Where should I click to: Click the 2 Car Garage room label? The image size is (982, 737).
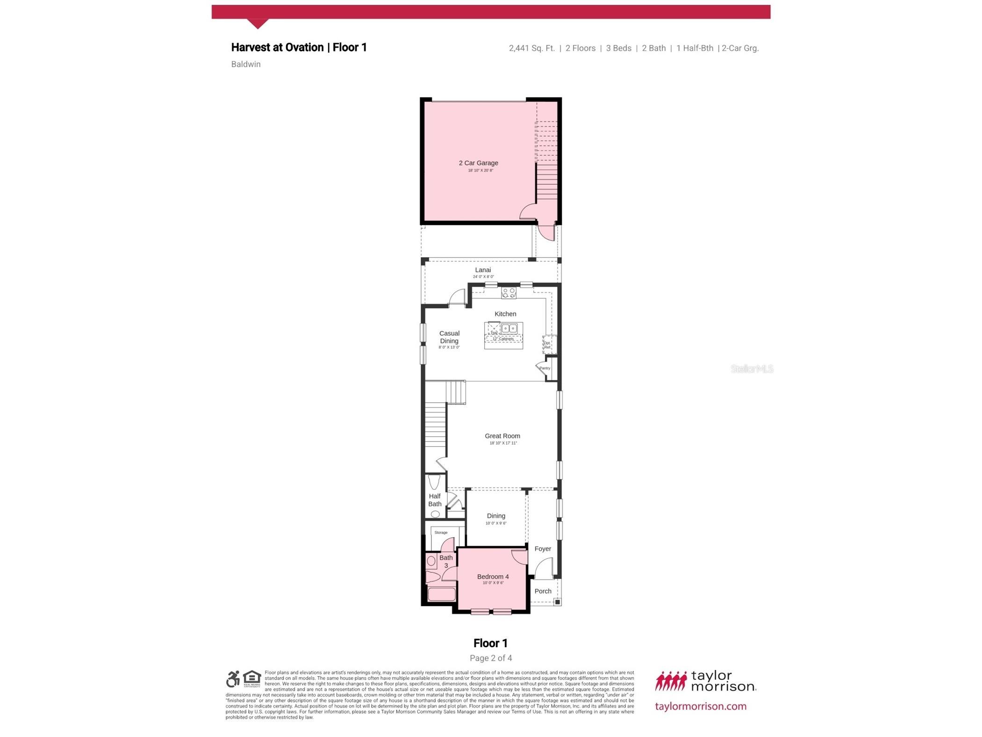(x=478, y=163)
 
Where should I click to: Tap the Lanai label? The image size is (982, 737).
(x=482, y=270)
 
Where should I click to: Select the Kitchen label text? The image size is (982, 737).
(x=505, y=314)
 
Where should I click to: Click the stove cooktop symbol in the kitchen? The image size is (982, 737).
(x=508, y=293)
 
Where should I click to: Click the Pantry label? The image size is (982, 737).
(x=544, y=368)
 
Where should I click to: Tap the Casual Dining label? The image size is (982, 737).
(x=449, y=337)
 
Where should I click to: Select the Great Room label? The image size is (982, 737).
(x=502, y=436)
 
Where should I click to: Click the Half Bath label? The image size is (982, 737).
(x=434, y=500)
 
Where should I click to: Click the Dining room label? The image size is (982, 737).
(x=495, y=516)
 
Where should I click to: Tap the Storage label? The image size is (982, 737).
(x=440, y=532)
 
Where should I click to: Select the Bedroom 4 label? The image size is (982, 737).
(x=493, y=577)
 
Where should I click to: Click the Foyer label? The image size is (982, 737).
(x=542, y=549)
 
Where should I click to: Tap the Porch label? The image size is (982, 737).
(x=542, y=591)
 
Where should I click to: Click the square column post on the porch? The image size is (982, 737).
(x=557, y=602)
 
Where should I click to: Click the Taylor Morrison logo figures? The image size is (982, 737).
(x=670, y=681)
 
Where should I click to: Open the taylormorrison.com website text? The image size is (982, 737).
(x=700, y=706)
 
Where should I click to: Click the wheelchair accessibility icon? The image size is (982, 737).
(x=233, y=679)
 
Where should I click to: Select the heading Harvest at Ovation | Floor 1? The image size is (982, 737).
(x=299, y=47)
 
